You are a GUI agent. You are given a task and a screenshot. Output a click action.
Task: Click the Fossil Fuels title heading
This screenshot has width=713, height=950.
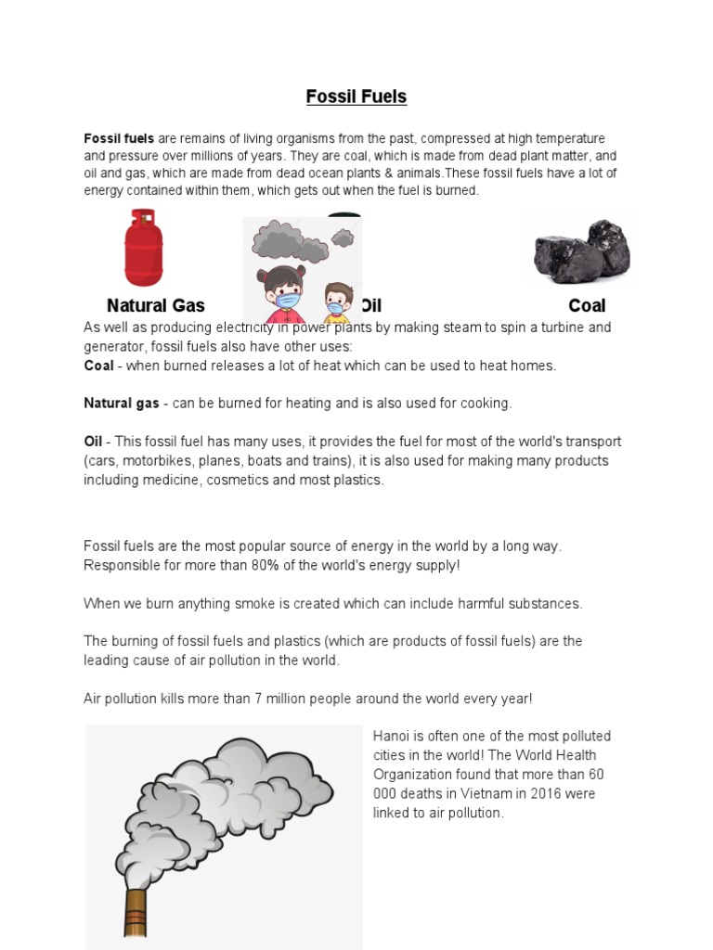(x=356, y=96)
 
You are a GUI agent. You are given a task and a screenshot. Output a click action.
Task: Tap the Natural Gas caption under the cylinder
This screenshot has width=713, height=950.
(x=155, y=305)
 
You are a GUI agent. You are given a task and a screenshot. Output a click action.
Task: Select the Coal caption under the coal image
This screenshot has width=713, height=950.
(x=587, y=305)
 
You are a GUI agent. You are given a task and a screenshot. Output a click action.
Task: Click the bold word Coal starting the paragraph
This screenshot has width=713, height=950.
(x=98, y=366)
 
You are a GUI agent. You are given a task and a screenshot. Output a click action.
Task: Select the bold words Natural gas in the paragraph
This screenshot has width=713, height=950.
(x=121, y=404)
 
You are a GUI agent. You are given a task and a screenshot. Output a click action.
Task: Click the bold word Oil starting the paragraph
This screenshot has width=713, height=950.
(x=93, y=442)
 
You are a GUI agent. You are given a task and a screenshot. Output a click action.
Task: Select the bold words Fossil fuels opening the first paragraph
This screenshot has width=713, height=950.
(x=119, y=137)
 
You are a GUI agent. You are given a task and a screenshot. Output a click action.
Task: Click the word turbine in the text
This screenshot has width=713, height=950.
(x=557, y=327)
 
